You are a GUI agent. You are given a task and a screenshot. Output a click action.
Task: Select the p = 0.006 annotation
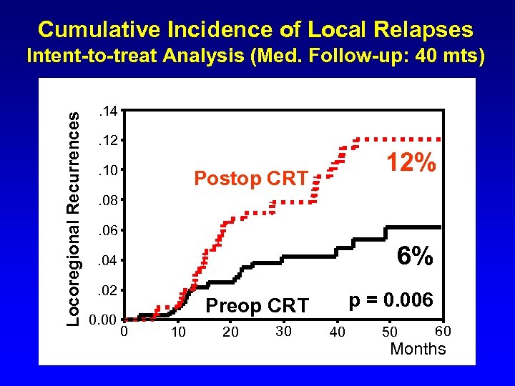[391, 300]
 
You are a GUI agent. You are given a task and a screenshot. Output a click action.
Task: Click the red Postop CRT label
[251, 178]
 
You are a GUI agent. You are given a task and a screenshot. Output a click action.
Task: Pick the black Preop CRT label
[257, 306]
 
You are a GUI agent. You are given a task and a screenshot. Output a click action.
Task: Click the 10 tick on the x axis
[178, 332]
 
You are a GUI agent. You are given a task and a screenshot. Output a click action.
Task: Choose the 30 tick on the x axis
[283, 331]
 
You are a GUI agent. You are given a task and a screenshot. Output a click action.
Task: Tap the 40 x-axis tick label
[337, 332]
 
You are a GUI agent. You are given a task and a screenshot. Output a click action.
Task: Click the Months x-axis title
[418, 349]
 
